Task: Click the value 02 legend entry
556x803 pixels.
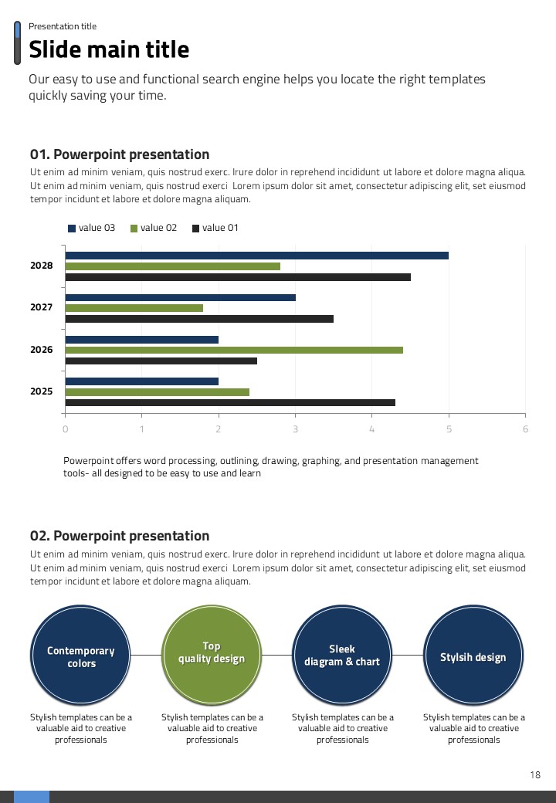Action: (x=154, y=228)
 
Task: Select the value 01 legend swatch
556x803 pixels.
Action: (x=195, y=229)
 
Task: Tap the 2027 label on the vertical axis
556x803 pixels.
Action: (x=42, y=307)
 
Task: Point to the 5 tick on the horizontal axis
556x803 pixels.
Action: (x=449, y=429)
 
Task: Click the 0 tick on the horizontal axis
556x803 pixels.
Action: (x=65, y=429)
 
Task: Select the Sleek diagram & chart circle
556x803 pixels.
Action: (x=342, y=656)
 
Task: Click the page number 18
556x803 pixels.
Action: (x=535, y=775)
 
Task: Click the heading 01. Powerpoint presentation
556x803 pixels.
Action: (x=120, y=154)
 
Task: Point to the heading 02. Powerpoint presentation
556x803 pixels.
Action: (x=120, y=536)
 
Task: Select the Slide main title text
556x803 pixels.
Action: (x=109, y=50)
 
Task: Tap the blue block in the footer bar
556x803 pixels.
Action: (x=32, y=797)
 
